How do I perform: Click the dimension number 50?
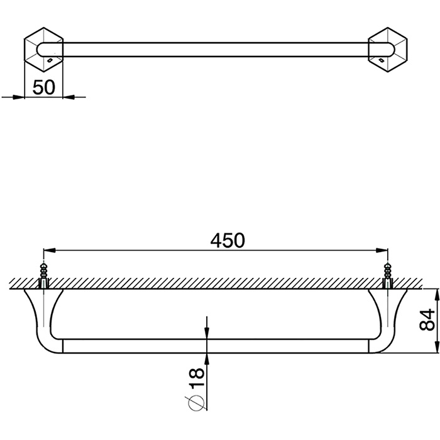(44, 87)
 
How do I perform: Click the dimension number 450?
(228, 241)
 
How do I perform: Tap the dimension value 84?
(427, 320)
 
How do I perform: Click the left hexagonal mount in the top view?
(44, 50)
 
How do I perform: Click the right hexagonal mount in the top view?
(388, 50)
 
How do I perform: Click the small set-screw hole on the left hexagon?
(50, 60)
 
